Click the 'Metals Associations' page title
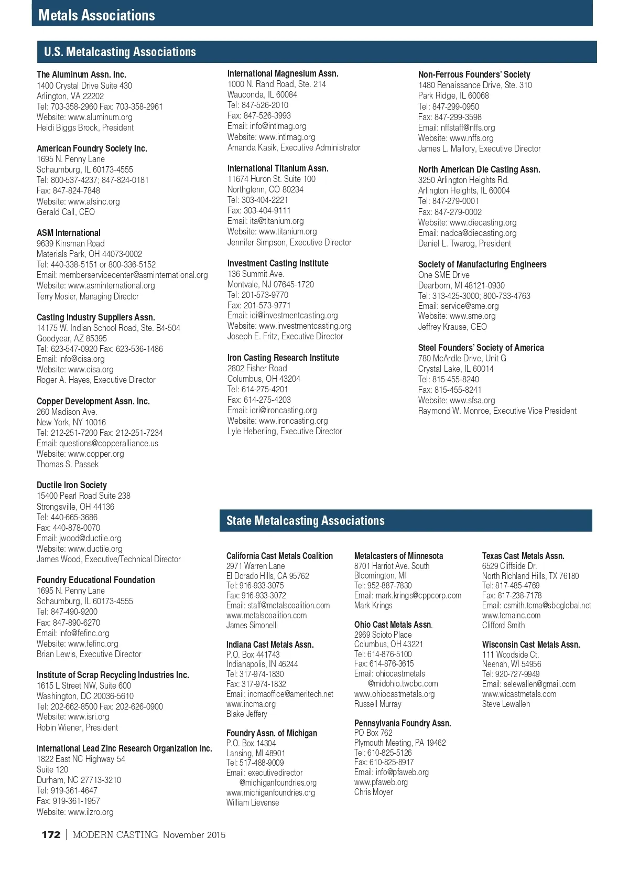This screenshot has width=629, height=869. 96,15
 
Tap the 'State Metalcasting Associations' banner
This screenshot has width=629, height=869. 305,520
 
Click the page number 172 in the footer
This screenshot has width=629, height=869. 51,835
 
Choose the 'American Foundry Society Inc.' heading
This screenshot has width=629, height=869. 92,148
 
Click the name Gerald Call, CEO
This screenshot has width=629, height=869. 66,212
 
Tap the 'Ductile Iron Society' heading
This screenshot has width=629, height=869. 71,485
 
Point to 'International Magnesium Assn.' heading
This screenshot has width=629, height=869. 283,73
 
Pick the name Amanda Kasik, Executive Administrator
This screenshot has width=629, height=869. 294,147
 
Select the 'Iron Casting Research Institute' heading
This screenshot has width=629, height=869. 283,358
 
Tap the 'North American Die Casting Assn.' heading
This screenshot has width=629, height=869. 479,169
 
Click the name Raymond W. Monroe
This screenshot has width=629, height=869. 454,411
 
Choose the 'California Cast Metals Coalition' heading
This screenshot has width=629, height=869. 279,556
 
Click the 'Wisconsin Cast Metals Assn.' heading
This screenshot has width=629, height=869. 531,645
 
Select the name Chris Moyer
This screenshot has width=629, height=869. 373,792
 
